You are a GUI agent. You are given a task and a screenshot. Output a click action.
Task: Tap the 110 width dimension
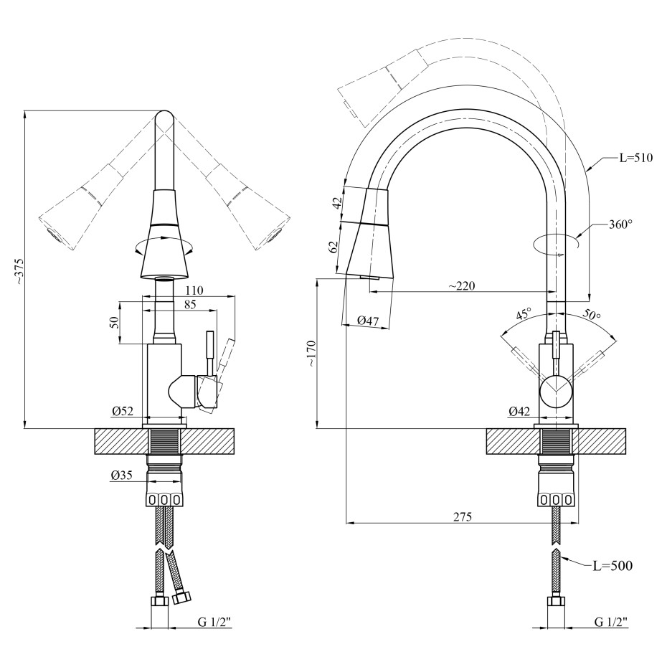point(194,290)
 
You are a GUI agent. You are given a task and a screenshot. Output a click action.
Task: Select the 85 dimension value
point(190,305)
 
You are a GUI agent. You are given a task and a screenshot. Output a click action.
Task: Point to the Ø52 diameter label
point(123,411)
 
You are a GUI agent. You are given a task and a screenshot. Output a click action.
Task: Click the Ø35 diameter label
point(122,476)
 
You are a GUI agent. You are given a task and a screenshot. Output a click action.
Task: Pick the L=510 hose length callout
point(635,158)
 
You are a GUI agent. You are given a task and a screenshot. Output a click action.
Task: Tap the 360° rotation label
point(620,224)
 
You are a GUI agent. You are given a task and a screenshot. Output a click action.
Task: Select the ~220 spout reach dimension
point(462,286)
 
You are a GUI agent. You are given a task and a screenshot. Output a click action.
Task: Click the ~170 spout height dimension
point(313,354)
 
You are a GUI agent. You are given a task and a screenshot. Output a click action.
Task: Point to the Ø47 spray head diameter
point(368,321)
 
